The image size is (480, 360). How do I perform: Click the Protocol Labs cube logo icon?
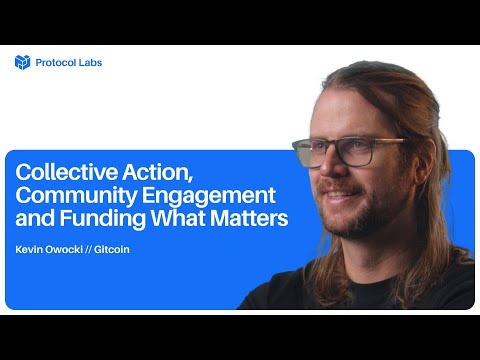coord(23,62)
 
